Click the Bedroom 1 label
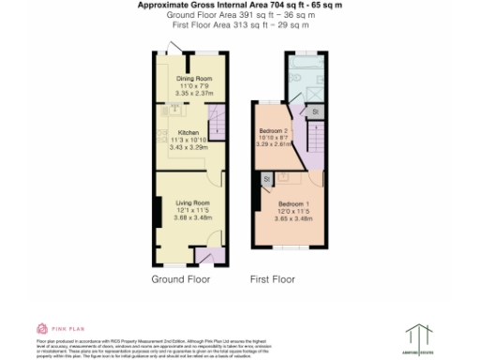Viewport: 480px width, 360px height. tap(294, 204)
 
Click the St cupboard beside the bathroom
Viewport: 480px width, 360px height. tap(315, 112)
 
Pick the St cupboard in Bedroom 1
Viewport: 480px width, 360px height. tap(266, 178)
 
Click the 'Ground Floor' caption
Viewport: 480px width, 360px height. tap(181, 279)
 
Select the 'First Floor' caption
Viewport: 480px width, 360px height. tap(272, 279)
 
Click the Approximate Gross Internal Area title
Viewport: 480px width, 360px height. tap(240, 5)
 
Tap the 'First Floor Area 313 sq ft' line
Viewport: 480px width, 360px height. tap(240, 25)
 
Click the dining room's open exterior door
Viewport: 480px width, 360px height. tap(173, 49)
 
